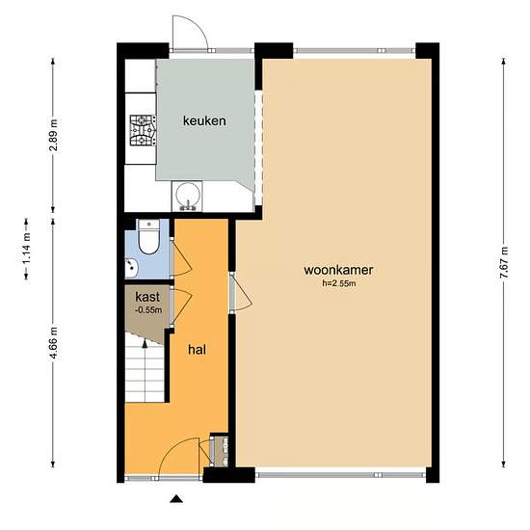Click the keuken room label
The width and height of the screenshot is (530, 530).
pos(204,120)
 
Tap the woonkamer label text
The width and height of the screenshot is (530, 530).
pos(338,270)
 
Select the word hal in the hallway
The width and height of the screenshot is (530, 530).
pos(197,350)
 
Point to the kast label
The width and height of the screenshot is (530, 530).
pos(147,297)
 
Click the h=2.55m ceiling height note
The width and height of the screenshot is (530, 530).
pos(338,283)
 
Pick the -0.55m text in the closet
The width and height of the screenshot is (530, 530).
pos(148,309)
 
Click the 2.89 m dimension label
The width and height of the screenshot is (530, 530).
pos(53,135)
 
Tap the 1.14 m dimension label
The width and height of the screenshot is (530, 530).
pos(27,250)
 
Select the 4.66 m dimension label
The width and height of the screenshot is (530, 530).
pos(53,343)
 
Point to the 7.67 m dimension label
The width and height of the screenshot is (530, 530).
pos(504,262)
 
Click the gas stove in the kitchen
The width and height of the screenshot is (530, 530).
pos(144,130)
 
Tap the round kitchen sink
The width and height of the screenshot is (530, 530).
pos(187,196)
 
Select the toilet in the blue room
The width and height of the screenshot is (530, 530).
pos(148,237)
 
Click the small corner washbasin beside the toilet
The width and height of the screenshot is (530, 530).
pos(131,266)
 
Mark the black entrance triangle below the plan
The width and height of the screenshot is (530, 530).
pos(176,499)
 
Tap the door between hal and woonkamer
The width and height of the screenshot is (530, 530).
pos(241,293)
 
